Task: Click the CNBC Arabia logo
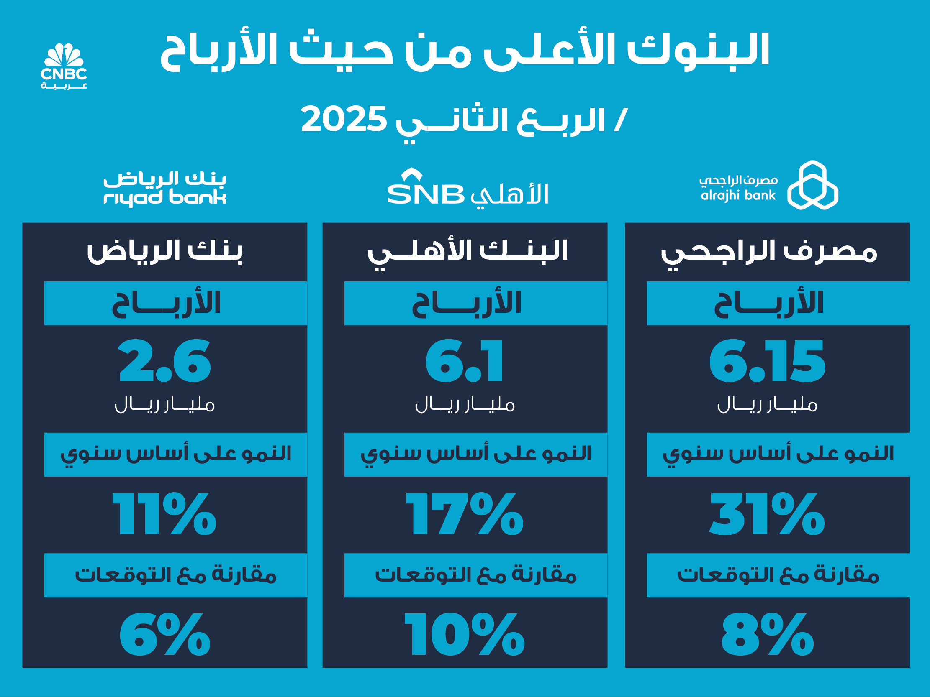pyautogui.click(x=64, y=66)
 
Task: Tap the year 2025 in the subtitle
pyautogui.click(x=344, y=119)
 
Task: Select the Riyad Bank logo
pyautogui.click(x=165, y=189)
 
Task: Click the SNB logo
pyautogui.click(x=468, y=189)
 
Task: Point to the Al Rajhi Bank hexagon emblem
pyautogui.click(x=812, y=185)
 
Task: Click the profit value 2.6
pyautogui.click(x=164, y=362)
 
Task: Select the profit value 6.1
pyautogui.click(x=464, y=362)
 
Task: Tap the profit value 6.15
pyautogui.click(x=767, y=362)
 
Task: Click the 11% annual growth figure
pyautogui.click(x=164, y=514)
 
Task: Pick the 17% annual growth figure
pyautogui.click(x=465, y=514)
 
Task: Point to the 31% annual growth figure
pyautogui.click(x=767, y=514)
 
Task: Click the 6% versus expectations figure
pyautogui.click(x=164, y=634)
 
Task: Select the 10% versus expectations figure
pyautogui.click(x=465, y=634)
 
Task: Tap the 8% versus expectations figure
pyautogui.click(x=768, y=634)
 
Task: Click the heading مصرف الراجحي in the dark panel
pyautogui.click(x=769, y=253)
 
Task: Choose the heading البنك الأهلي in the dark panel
pyautogui.click(x=468, y=253)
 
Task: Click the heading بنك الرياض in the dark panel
pyautogui.click(x=165, y=252)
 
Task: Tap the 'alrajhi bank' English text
pyautogui.click(x=738, y=196)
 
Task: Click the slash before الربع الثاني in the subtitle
pyautogui.click(x=621, y=120)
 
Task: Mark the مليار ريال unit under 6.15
pyautogui.click(x=767, y=405)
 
